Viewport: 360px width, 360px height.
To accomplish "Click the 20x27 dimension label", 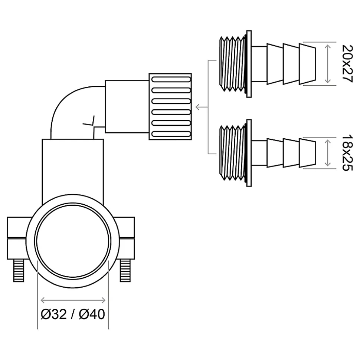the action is coord(347,64).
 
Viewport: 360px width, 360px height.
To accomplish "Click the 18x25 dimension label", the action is coord(347,153).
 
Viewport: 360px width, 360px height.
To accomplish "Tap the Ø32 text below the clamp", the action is coord(53,314).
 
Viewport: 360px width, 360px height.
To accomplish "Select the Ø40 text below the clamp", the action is coord(92,314).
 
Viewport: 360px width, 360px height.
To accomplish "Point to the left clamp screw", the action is coord(19,270).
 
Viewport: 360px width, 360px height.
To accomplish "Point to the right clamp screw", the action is coord(125,270).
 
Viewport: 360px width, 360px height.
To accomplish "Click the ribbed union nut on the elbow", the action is coord(170,106).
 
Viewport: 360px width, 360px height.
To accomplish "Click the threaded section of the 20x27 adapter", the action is coord(232,64).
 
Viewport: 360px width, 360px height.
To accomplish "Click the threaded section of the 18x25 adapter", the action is coord(232,153).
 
